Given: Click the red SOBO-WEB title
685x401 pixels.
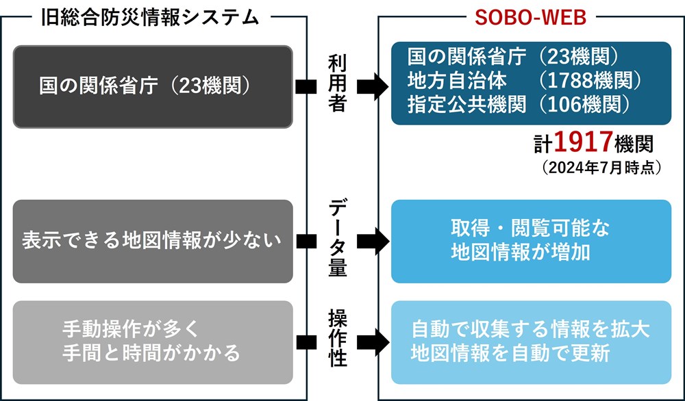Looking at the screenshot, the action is (x=530, y=18).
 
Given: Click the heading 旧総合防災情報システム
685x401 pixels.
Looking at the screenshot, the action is (x=151, y=18).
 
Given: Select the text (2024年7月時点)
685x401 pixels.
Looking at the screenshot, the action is (x=601, y=168).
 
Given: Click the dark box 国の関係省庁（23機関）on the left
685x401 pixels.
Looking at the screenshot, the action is (x=153, y=86).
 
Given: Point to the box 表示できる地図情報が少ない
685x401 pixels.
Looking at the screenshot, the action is (x=153, y=242).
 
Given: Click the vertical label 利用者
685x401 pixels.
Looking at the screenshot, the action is (x=337, y=84).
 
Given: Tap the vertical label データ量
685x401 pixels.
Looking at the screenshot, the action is (x=337, y=238).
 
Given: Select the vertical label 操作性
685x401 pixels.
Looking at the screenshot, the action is (x=337, y=338).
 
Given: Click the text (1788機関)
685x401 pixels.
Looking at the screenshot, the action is (x=590, y=80).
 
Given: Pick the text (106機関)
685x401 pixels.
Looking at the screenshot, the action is (x=584, y=104).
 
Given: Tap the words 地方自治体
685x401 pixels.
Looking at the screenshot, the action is (x=457, y=81).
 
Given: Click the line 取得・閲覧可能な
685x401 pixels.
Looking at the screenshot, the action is (x=530, y=229).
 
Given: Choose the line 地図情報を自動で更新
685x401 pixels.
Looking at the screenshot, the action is (x=510, y=353).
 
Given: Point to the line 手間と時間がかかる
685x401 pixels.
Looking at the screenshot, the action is (x=151, y=352).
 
